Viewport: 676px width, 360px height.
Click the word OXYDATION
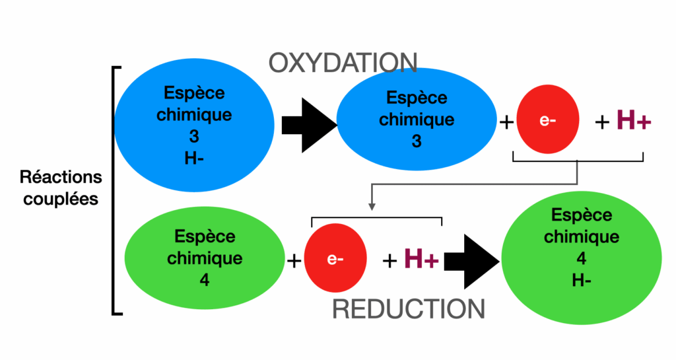[x=343, y=63]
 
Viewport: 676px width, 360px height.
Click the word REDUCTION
[x=408, y=308]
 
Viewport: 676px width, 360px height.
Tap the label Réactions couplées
[x=61, y=188]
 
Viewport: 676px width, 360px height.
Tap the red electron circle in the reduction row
[x=335, y=259]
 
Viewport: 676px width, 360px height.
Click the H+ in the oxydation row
[x=634, y=121]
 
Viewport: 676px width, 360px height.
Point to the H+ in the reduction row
[x=421, y=259]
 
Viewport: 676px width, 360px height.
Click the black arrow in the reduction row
[x=470, y=261]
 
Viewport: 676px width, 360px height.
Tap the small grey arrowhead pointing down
[x=372, y=207]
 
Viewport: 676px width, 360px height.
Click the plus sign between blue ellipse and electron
[x=507, y=123]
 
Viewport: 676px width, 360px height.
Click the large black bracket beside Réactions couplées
[x=115, y=189]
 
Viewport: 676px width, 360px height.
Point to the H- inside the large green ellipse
[x=582, y=280]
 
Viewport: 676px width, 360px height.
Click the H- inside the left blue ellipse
[x=194, y=159]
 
